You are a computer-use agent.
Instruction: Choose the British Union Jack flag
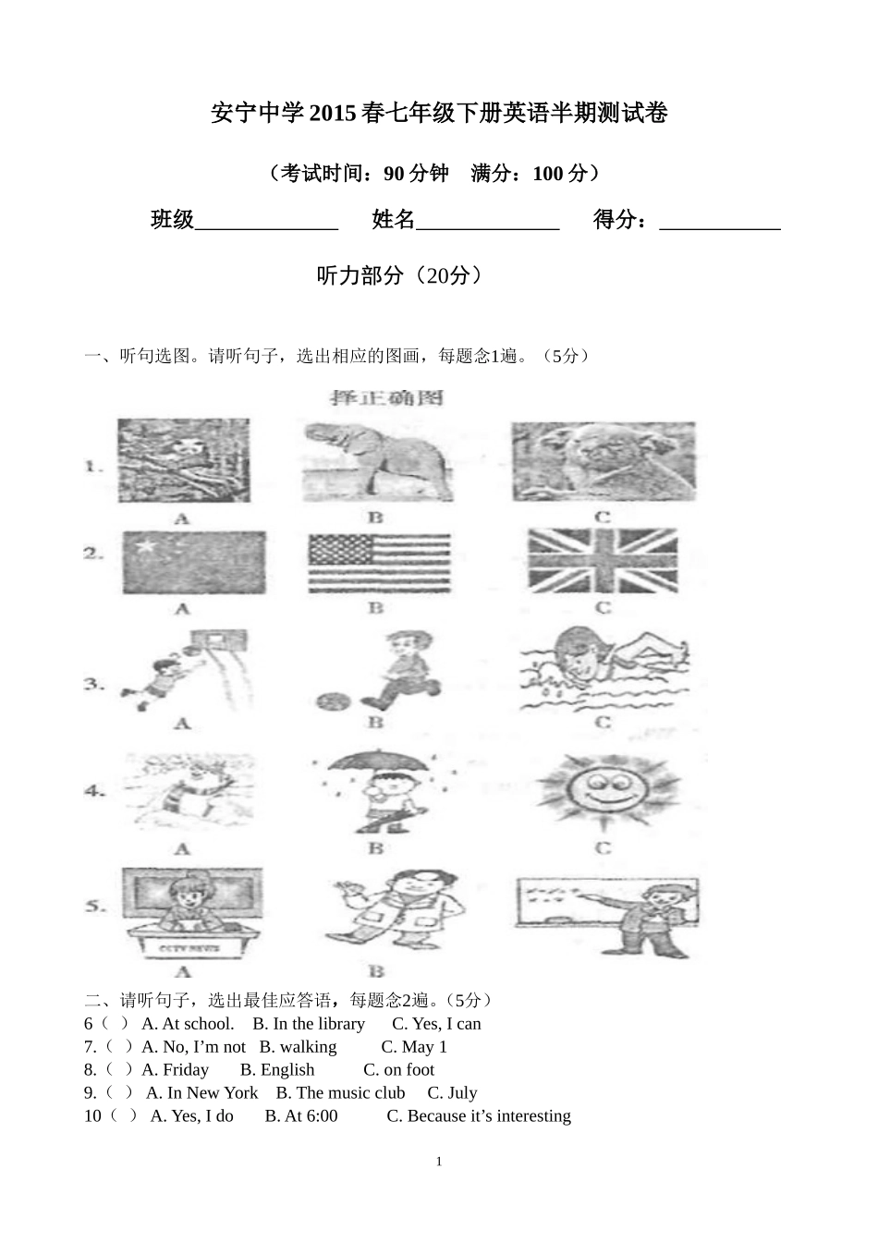click(603, 561)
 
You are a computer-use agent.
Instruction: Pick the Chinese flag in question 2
click(193, 563)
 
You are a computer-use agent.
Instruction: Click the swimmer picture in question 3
click(603, 669)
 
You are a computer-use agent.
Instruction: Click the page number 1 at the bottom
click(439, 1162)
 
